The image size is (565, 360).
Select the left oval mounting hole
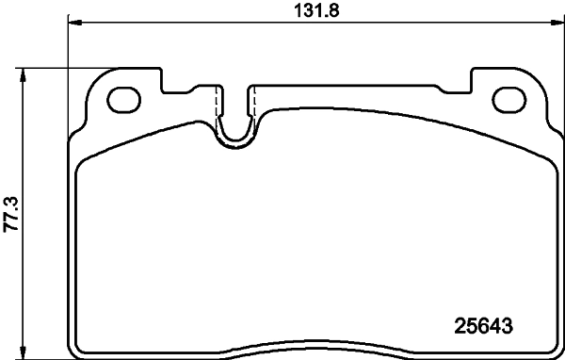tap(124, 98)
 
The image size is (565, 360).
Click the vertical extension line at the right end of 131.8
tap(560, 57)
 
